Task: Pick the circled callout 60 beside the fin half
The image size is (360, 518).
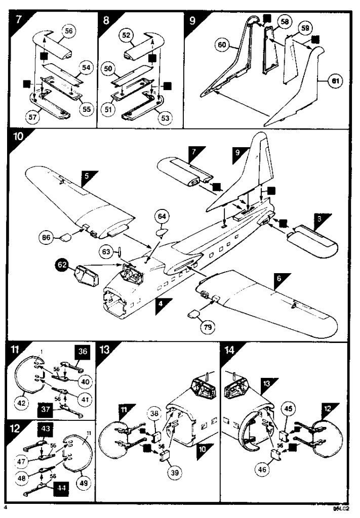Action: pyautogui.click(x=221, y=45)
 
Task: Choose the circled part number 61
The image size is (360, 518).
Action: pyautogui.click(x=333, y=80)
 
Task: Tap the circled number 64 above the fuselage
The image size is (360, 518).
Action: pyautogui.click(x=162, y=217)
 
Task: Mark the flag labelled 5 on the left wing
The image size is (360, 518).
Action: pyautogui.click(x=88, y=178)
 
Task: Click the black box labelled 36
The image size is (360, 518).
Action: pyautogui.click(x=83, y=351)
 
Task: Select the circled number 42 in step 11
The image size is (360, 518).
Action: pyautogui.click(x=22, y=403)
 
